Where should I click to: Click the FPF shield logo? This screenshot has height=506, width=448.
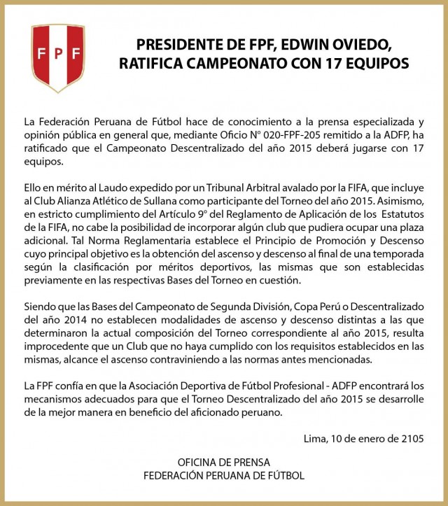58,57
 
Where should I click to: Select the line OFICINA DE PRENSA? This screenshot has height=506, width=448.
223,463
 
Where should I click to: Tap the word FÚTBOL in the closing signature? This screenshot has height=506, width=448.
286,475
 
